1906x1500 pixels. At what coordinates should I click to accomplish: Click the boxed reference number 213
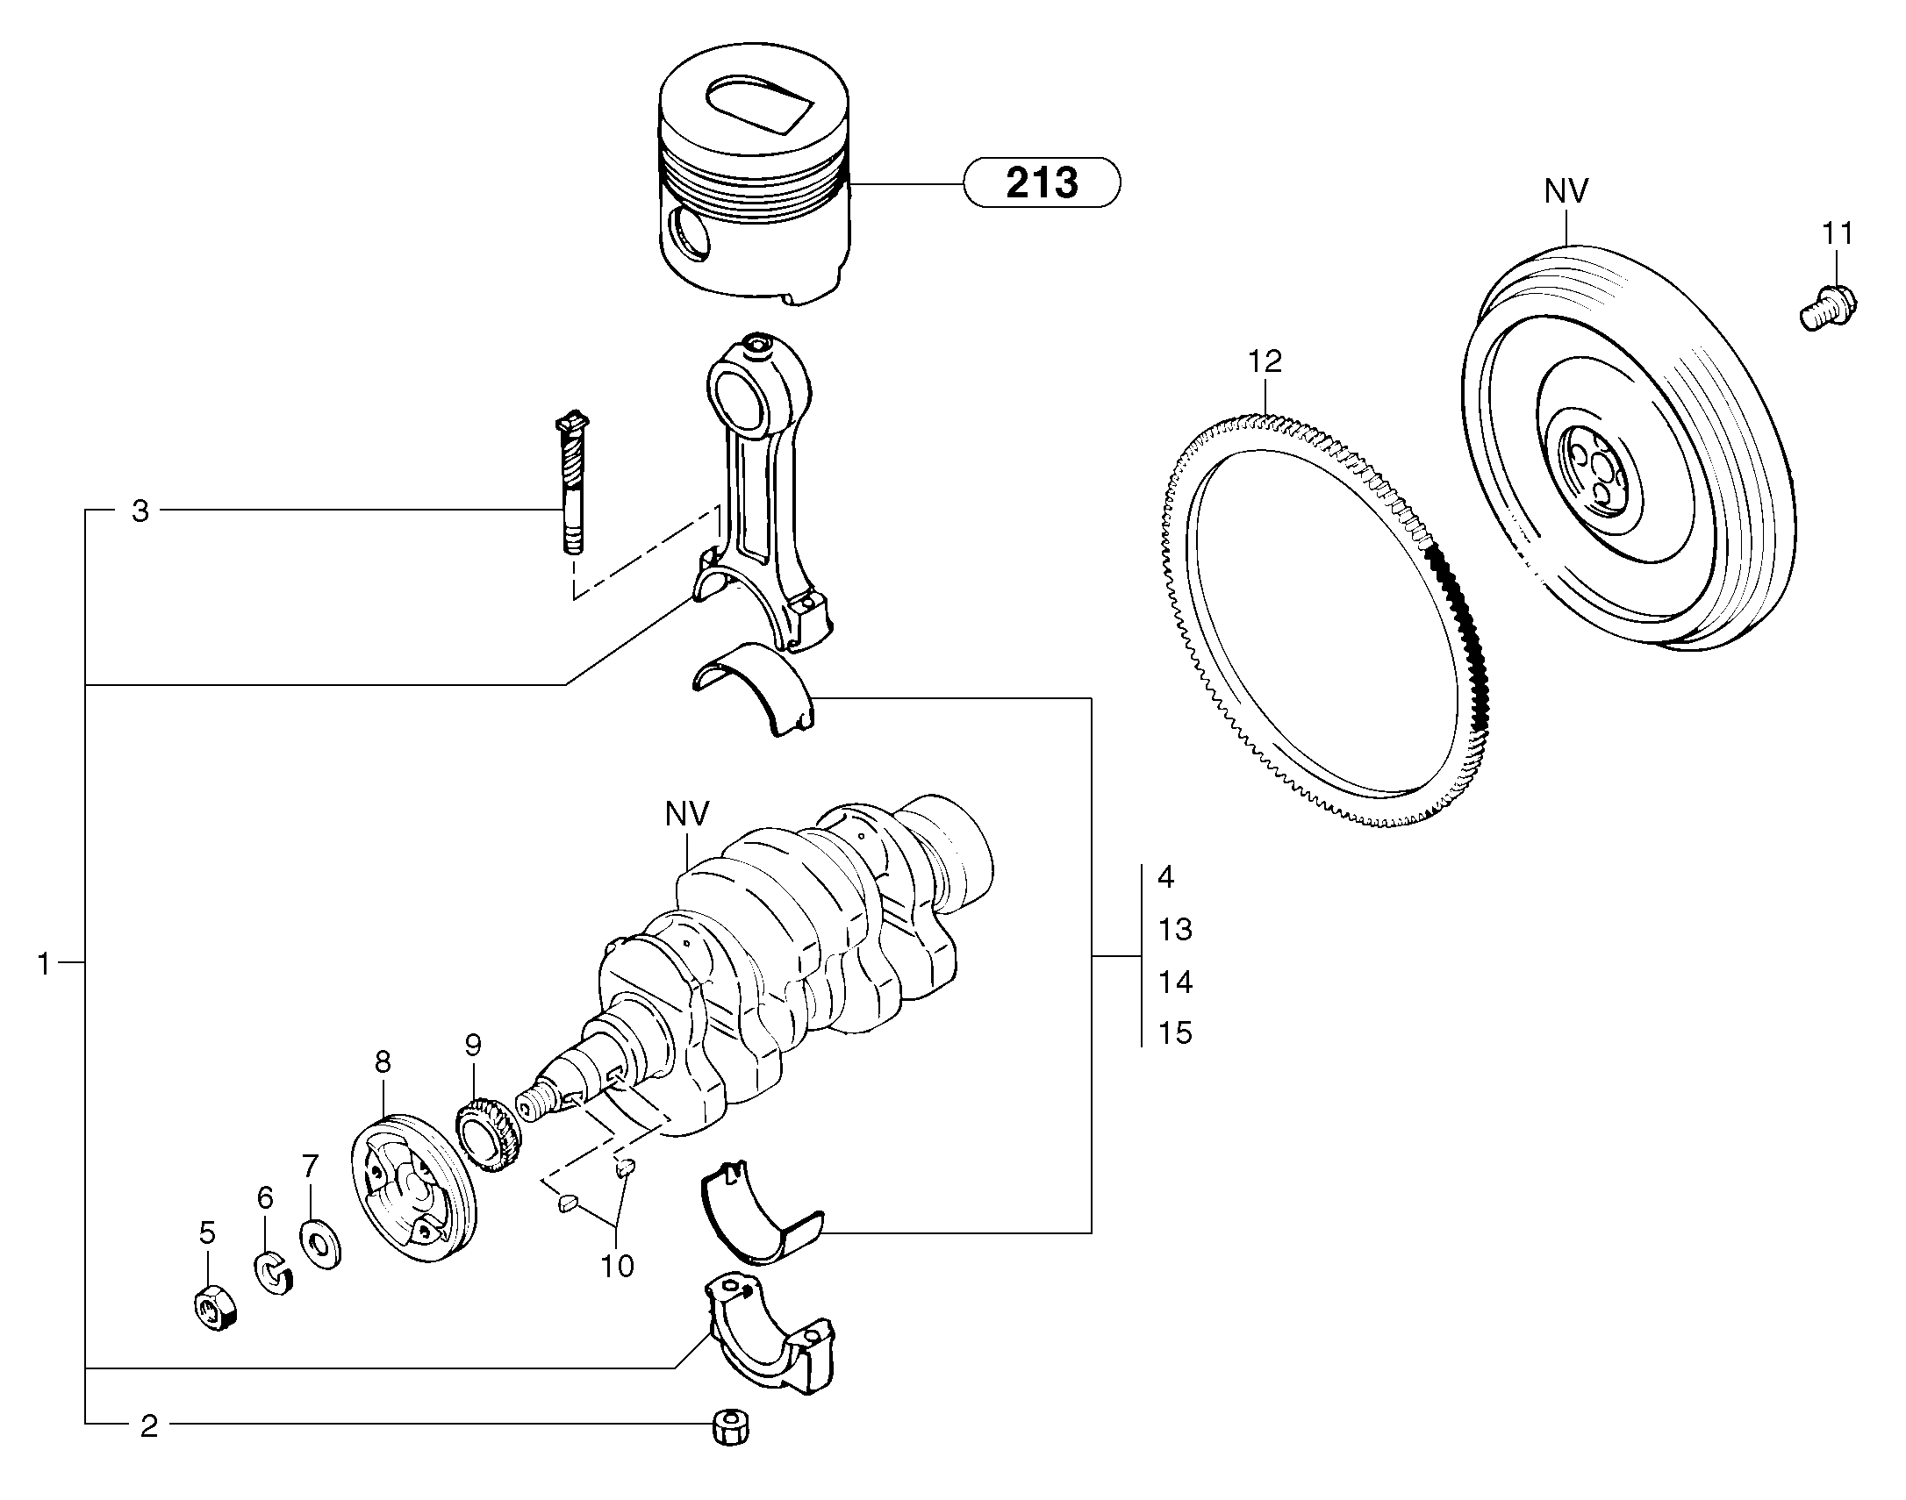pos(1042,182)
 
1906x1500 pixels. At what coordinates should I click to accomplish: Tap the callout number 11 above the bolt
pos(1837,233)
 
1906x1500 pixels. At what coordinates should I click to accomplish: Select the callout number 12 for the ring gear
pos(1265,361)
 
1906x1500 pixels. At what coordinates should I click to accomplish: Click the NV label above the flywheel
pos(1566,191)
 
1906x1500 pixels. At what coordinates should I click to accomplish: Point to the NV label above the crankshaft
pos(686,814)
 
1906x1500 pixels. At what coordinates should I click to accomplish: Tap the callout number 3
pos(140,511)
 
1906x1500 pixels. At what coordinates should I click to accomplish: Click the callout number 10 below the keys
pos(617,1266)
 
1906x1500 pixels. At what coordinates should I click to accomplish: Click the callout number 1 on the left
pos(44,963)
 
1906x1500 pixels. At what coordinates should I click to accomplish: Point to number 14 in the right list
pos(1174,982)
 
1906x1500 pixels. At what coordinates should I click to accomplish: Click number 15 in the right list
pos(1174,1033)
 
